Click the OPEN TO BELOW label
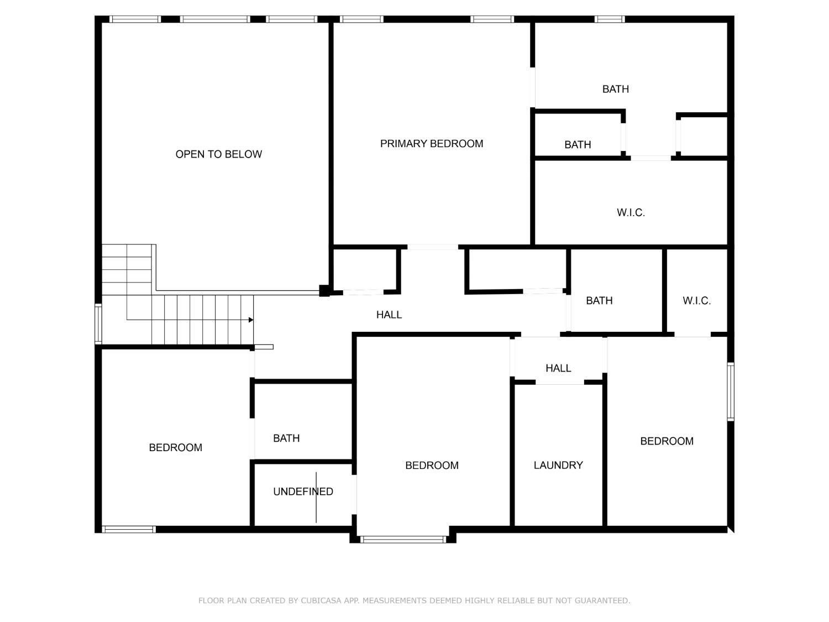(x=218, y=154)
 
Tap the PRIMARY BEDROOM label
(x=431, y=144)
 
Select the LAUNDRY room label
(x=558, y=465)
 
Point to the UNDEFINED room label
(x=303, y=492)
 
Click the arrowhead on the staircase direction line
(x=251, y=320)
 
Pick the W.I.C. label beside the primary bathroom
(x=631, y=213)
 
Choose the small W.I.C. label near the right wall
(x=696, y=301)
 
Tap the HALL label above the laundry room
(x=558, y=368)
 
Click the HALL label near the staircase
(x=389, y=315)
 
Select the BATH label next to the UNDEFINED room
(x=286, y=438)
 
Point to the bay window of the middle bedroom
(x=403, y=539)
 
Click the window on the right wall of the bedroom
(x=731, y=391)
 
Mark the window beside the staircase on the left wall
(x=98, y=324)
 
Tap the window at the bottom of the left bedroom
(x=129, y=530)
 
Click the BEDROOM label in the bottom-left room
(x=175, y=447)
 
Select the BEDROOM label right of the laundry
(x=667, y=441)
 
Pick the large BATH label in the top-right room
(x=615, y=89)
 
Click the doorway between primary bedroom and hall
(x=433, y=247)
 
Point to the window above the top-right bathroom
(x=610, y=19)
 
